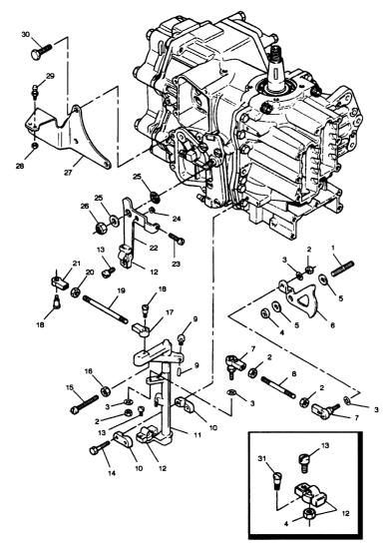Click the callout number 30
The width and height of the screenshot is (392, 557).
(x=26, y=35)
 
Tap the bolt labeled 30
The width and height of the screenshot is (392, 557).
(x=41, y=52)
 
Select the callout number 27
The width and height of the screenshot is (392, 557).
(x=68, y=173)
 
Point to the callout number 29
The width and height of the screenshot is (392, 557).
(x=50, y=76)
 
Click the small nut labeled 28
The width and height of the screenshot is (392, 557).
(x=35, y=146)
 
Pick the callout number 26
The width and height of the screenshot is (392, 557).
(x=85, y=206)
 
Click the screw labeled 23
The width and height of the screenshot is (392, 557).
(x=176, y=239)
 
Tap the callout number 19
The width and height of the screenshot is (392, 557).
(x=121, y=290)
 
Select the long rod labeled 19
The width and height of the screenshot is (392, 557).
(x=106, y=309)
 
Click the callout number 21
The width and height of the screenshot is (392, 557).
(x=77, y=264)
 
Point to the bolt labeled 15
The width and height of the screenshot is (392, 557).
(x=84, y=404)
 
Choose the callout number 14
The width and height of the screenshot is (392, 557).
(x=112, y=473)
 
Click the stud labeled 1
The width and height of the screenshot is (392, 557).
(x=343, y=269)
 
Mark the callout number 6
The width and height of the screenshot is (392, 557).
(x=332, y=325)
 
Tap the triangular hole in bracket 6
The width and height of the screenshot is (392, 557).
(x=303, y=301)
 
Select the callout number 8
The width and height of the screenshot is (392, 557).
(x=293, y=374)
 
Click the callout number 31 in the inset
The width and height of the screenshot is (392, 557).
(x=262, y=459)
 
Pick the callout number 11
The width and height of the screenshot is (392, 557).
(x=197, y=435)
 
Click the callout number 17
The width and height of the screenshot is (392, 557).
(x=170, y=312)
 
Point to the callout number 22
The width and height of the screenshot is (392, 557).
(x=154, y=248)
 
